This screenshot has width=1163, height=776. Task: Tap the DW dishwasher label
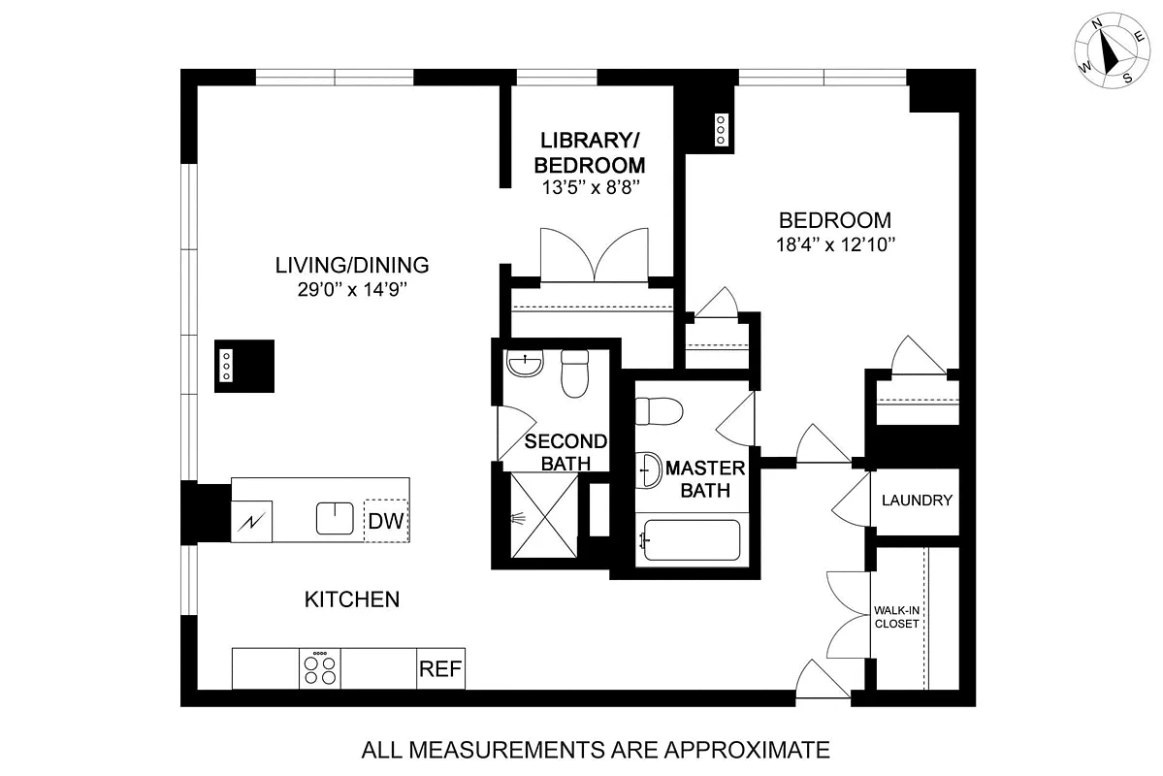386,521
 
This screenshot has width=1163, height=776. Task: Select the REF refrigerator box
440,668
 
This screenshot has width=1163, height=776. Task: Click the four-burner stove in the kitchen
320,668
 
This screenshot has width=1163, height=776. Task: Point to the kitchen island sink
335,519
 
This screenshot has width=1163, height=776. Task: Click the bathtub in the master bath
692,540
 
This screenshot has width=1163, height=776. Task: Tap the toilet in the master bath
660,411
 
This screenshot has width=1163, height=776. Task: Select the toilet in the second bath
575,373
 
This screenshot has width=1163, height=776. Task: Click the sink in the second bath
525,364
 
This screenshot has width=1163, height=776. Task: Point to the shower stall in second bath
544,516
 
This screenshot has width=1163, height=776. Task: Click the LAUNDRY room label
917,500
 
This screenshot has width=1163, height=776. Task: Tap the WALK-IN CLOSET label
896,617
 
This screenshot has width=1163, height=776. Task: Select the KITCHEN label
352,599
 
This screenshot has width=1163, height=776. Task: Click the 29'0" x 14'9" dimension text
353,289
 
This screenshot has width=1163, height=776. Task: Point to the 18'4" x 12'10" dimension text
836,244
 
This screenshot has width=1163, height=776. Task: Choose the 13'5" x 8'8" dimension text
591,187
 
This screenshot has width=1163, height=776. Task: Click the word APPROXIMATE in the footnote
746,750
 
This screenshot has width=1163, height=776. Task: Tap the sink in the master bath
648,469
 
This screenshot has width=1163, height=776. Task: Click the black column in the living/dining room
244,366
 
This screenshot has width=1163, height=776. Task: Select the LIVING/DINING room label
352,265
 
